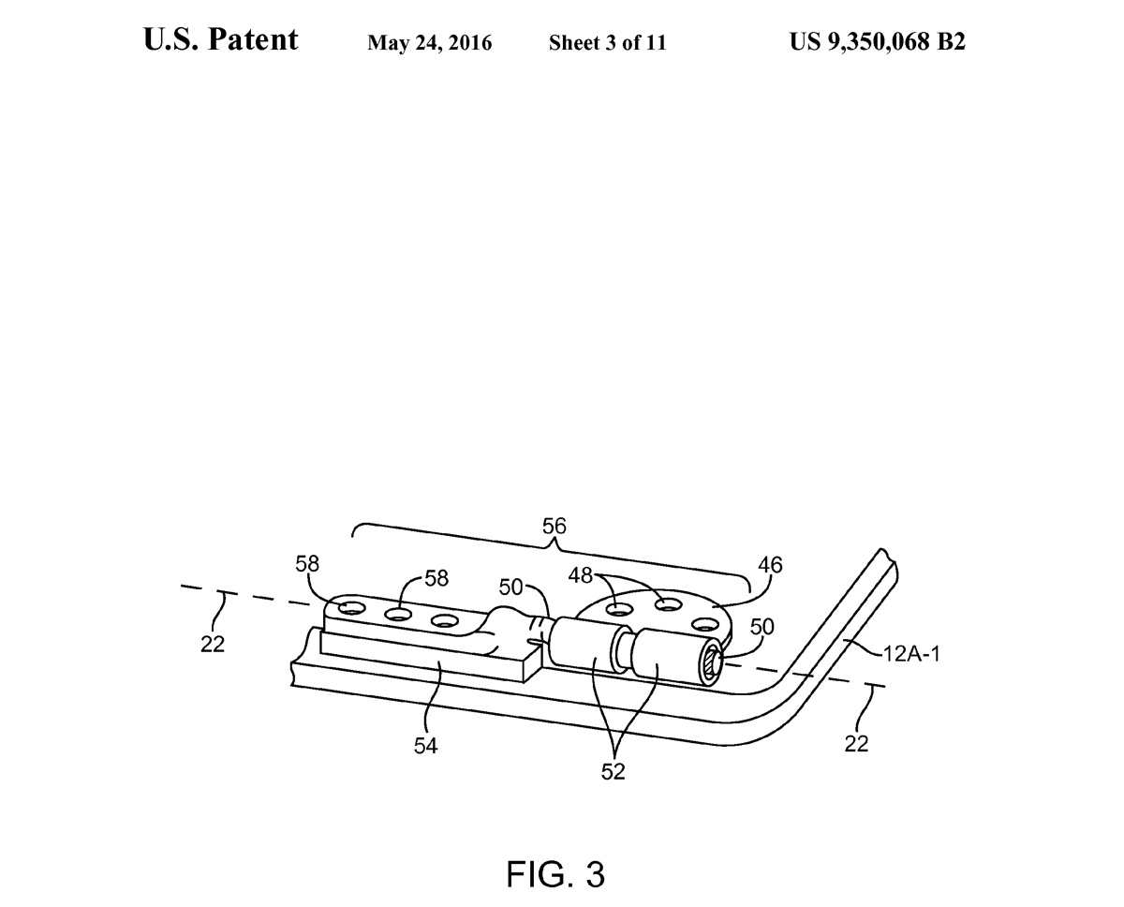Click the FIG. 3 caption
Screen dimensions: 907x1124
555,873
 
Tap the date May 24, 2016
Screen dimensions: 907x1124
429,43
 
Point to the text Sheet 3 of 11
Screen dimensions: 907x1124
607,43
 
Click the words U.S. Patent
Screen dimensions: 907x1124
221,40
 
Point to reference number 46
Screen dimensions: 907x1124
771,565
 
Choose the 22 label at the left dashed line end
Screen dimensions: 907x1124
214,645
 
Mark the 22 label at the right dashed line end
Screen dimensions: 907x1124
856,744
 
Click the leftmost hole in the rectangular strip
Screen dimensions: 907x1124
352,609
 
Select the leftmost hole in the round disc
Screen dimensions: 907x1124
618,610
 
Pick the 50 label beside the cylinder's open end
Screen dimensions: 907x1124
763,625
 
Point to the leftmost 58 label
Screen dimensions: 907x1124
307,564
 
